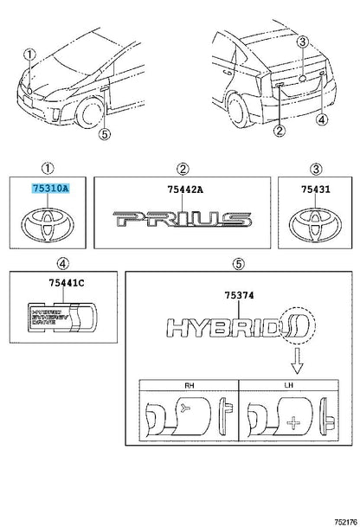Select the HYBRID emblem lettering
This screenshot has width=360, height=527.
pos(238,329)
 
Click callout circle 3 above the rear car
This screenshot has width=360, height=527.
pos(302,42)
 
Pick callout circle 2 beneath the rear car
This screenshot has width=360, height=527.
pos(280,132)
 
